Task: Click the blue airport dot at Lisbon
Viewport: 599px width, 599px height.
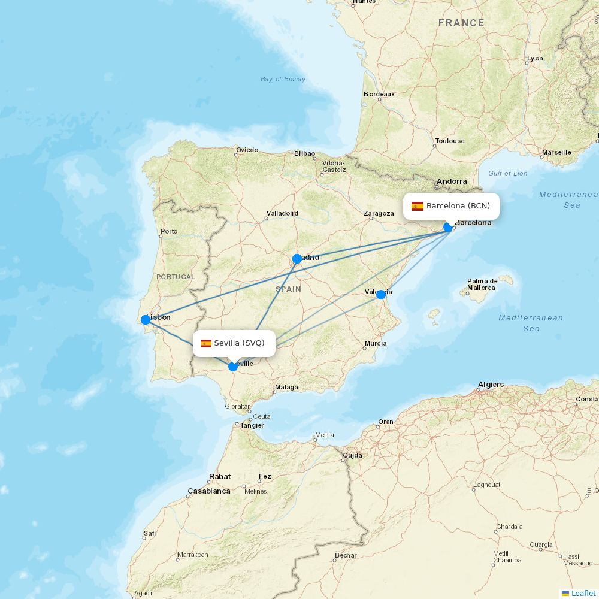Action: pos(146,320)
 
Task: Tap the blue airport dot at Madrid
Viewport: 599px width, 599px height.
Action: pos(297,259)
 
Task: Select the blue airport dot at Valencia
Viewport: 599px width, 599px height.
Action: pos(380,295)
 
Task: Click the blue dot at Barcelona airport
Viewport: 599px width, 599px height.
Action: pos(448,227)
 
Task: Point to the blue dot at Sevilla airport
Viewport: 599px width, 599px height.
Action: pos(233,367)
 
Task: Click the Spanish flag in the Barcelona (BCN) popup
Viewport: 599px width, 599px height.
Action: pos(418,207)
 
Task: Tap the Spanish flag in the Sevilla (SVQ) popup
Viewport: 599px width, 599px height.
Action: pos(206,343)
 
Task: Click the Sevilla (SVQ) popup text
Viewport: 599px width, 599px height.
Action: pos(239,343)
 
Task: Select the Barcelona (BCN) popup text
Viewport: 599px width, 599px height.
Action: pos(458,206)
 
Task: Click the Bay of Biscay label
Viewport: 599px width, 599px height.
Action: pos(283,79)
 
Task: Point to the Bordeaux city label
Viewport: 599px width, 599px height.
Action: pos(379,94)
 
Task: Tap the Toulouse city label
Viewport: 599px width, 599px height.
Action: pos(450,141)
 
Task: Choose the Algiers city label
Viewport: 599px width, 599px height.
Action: pos(491,385)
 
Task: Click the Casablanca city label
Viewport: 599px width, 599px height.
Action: pos(209,491)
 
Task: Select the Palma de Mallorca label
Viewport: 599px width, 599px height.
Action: pos(482,284)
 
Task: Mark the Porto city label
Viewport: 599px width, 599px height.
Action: pos(169,231)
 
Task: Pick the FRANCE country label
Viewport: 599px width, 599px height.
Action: pos(461,23)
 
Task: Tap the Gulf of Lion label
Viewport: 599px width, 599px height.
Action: pos(508,173)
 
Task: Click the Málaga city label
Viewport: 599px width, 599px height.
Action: pos(286,387)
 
